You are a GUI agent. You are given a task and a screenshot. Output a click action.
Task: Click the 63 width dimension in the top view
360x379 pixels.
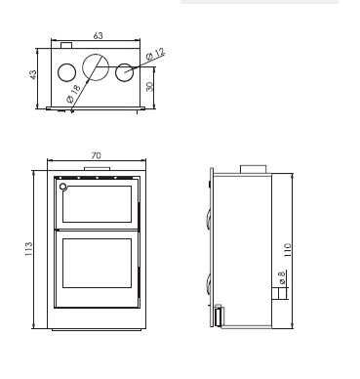tap(98, 35)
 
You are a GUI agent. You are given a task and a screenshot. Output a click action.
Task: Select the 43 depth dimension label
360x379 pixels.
tap(33, 74)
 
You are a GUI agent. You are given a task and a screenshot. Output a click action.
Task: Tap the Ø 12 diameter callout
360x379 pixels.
tap(156, 55)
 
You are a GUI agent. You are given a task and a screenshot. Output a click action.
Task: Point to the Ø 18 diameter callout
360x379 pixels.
tap(73, 94)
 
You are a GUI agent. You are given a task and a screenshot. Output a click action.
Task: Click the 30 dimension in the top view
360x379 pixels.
tap(149, 87)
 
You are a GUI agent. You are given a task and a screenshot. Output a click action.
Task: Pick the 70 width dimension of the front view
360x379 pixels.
tap(97, 155)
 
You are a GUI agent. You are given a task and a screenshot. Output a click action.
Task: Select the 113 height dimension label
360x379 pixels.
tap(28, 249)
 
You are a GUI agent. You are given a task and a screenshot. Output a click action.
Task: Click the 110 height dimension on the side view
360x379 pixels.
tap(288, 250)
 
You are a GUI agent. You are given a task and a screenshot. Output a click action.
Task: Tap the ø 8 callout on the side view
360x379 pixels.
tap(282, 277)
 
